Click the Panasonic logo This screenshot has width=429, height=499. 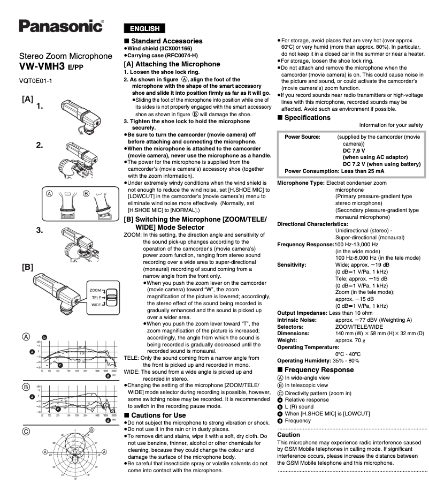pyautogui.click(x=61, y=26)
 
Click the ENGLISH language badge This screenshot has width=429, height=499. pyautogui.click(x=144, y=28)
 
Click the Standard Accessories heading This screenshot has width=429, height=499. pyautogui.click(x=166, y=41)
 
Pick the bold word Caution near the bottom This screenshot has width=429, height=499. pyautogui.click(x=289, y=435)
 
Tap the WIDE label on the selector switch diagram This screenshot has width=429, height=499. pyautogui.click(x=96, y=304)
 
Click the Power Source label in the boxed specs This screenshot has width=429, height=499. pyautogui.click(x=302, y=137)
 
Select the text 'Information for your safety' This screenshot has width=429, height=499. pyautogui.click(x=391, y=125)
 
